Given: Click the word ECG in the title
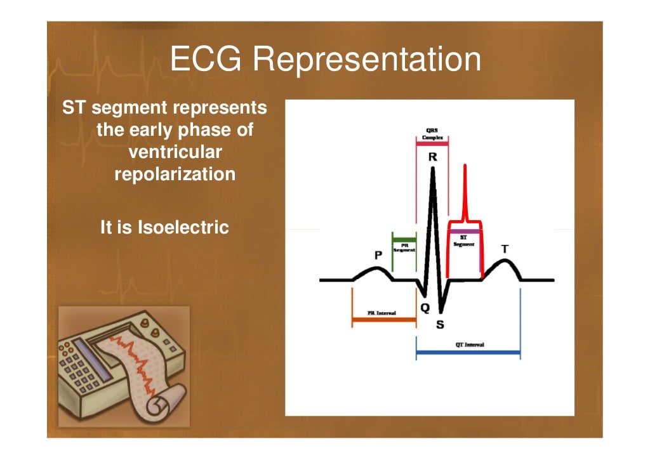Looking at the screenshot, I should pos(206,60).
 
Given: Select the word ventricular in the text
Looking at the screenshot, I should pos(175,153).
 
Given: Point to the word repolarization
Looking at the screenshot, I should pos(175,174).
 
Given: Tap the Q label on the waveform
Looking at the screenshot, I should pos(425,308).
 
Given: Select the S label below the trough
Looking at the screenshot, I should pos(440,325).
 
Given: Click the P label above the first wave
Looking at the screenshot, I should pos(378,255).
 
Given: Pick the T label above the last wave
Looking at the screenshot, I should pos(505,249).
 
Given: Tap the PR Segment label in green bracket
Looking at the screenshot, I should pos(404,247).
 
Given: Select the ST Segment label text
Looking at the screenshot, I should pos(464,241).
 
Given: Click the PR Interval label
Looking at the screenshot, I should pos(381,313).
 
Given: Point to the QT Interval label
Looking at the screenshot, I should pos(469,345).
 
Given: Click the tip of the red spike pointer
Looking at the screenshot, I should pos(465,166).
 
